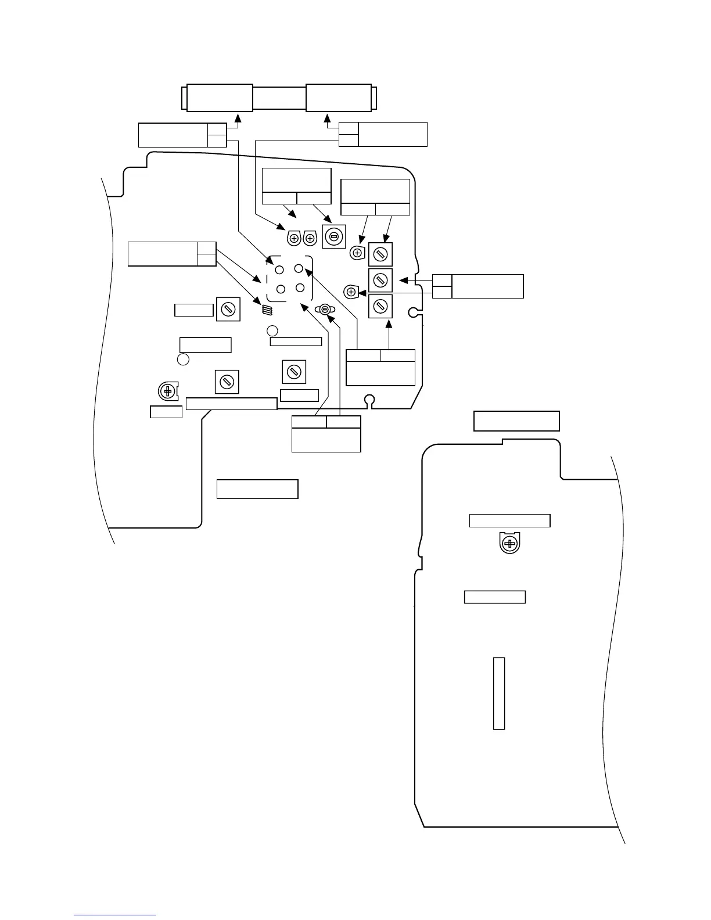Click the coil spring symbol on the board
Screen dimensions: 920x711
tap(267, 310)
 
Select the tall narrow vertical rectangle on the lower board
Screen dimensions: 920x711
tap(498, 693)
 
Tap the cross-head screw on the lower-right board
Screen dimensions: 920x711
tap(509, 544)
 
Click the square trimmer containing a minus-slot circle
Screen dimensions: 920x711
tap(333, 236)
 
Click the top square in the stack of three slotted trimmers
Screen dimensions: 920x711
tap(380, 254)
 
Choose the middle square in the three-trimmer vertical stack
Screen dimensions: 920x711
tap(380, 281)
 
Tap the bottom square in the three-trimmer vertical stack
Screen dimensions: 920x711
tap(380, 306)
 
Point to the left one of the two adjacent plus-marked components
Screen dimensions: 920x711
tap(294, 238)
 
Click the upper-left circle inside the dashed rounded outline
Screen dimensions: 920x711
tap(279, 270)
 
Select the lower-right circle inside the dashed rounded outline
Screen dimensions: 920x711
tap(300, 287)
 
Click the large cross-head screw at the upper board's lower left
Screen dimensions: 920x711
tap(168, 391)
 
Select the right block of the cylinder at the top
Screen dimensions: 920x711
tap(338, 98)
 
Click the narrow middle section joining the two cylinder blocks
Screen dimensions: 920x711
tap(279, 98)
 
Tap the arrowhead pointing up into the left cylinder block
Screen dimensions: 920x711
tap(237, 116)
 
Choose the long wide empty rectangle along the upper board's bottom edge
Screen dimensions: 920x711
tap(231, 404)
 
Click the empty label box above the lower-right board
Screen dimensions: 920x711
tap(516, 421)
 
